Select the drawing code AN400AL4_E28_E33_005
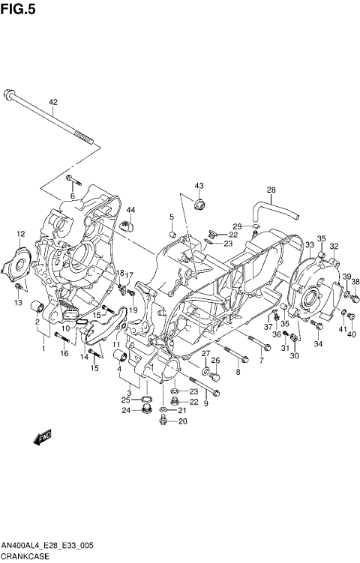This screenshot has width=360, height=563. (46, 546)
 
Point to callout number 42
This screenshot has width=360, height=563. (53, 102)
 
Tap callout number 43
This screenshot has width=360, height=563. (199, 185)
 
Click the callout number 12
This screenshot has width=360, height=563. (22, 234)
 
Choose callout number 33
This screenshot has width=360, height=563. (309, 245)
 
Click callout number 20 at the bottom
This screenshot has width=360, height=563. (183, 421)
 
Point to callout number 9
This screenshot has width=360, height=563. (205, 404)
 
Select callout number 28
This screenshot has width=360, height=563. (271, 189)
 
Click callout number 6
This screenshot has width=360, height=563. (73, 196)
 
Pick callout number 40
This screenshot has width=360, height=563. (352, 334)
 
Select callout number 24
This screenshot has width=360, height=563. (127, 410)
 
